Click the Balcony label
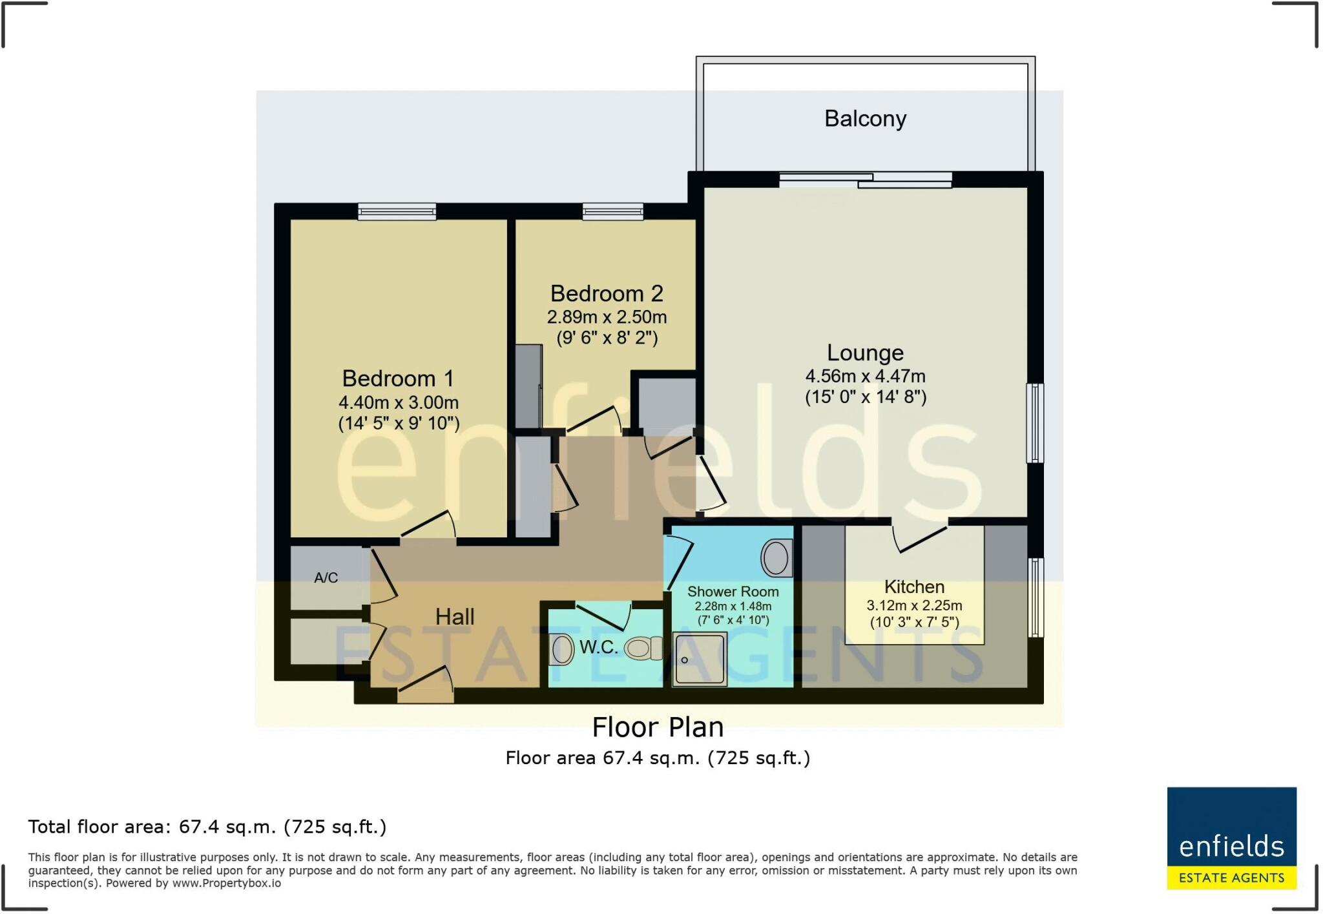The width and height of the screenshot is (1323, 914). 865,119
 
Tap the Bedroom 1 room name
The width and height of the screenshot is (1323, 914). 398,378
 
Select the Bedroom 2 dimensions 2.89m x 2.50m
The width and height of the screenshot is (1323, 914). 607,317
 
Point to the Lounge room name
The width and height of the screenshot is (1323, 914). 865,353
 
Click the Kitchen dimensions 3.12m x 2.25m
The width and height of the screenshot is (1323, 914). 914,606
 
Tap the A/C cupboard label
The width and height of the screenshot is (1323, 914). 326,577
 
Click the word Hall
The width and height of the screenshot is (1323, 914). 455,616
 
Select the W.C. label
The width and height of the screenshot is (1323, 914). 598,647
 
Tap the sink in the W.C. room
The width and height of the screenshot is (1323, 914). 561,649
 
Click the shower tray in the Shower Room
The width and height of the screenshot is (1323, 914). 699,659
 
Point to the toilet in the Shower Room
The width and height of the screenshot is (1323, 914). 776,557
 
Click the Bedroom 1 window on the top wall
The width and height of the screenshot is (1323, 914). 397,211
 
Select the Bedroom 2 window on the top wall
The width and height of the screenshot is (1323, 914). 612,211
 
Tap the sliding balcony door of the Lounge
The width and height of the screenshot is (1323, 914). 865,180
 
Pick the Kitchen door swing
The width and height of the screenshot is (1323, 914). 921,539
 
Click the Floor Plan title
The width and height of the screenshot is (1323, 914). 658,727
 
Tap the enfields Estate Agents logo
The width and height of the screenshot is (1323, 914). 1231,837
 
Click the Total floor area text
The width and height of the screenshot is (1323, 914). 207,827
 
